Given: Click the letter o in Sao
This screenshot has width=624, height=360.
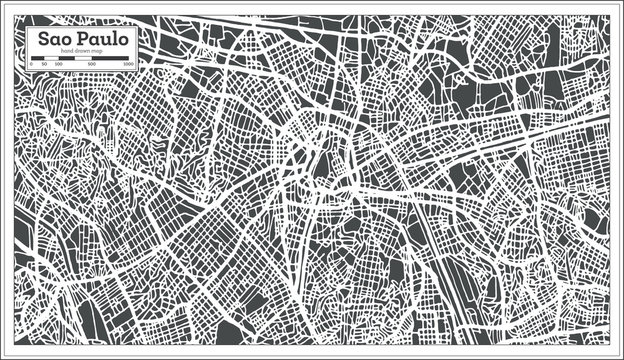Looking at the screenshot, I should tap(65, 40).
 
